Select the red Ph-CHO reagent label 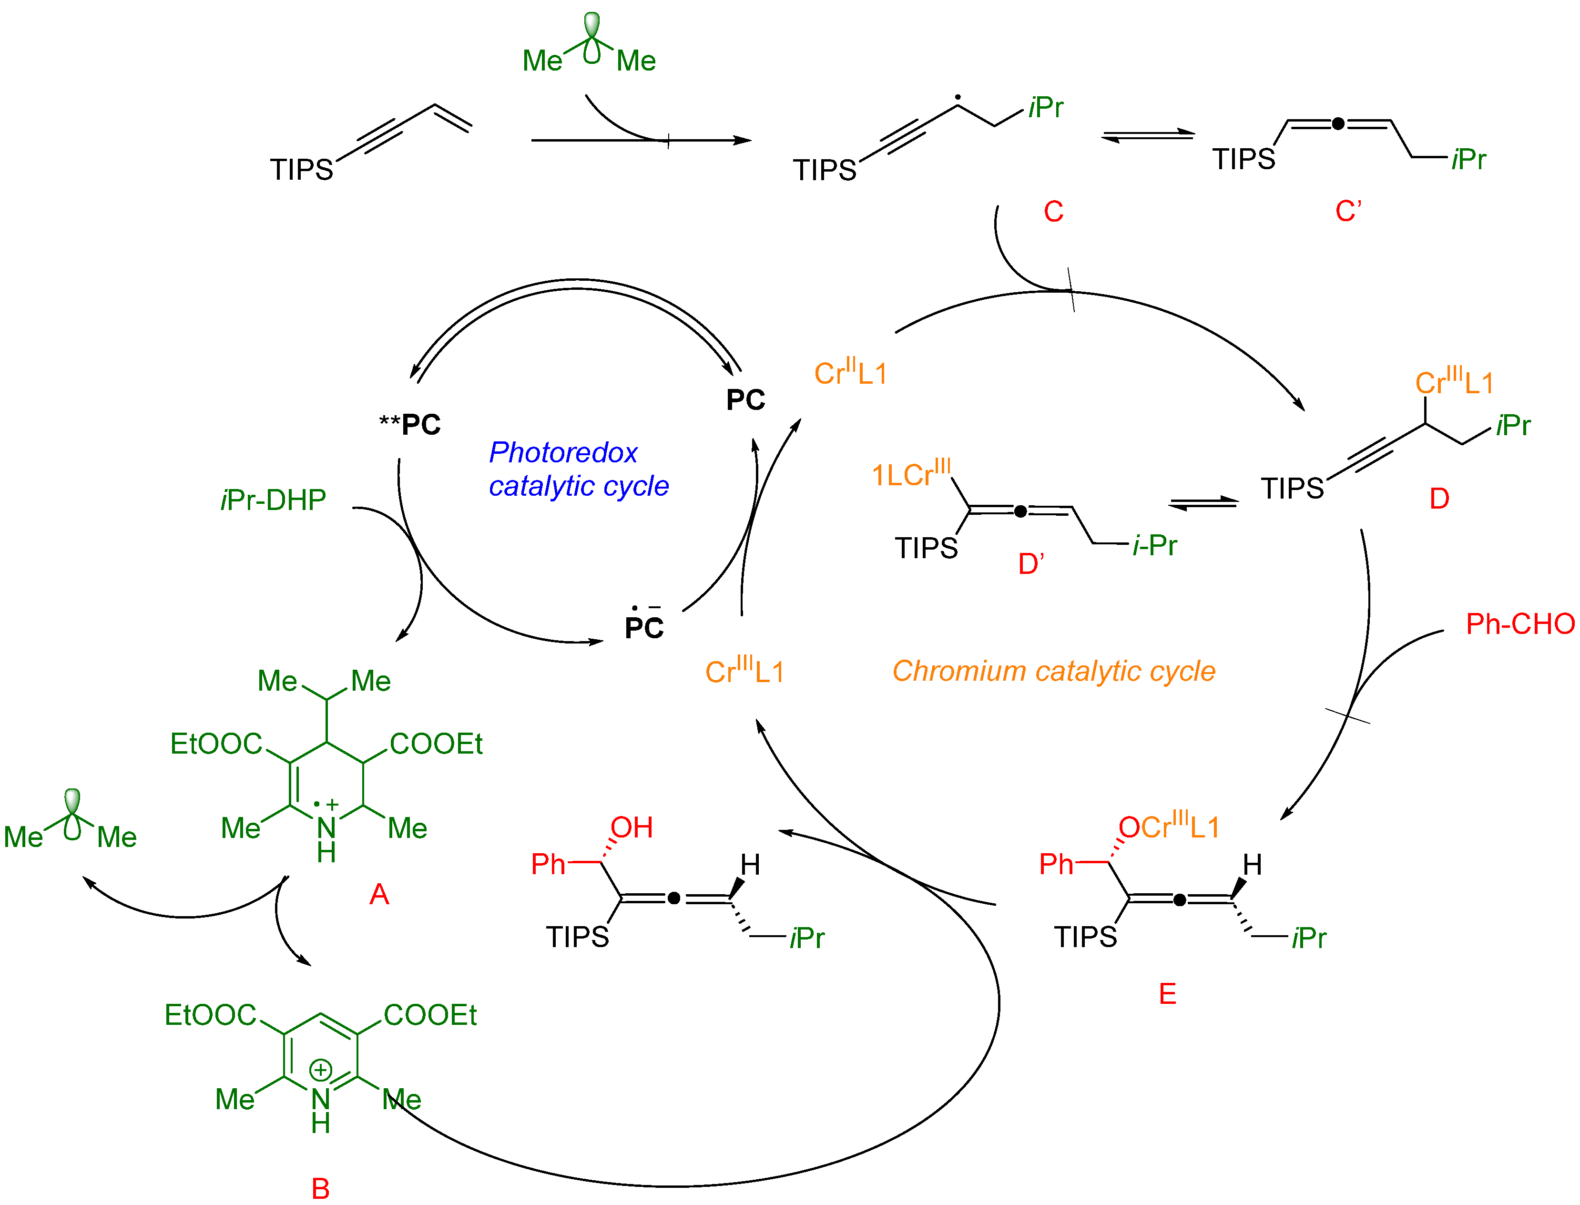pos(1519,624)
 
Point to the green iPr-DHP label pos(273,500)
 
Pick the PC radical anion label pos(643,625)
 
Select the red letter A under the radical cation pos(379,894)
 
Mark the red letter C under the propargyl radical pos(1053,212)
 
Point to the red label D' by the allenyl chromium pos(1030,564)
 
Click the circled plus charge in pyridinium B pos(321,1070)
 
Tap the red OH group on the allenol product pos(631,827)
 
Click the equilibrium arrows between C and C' pos(1148,135)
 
